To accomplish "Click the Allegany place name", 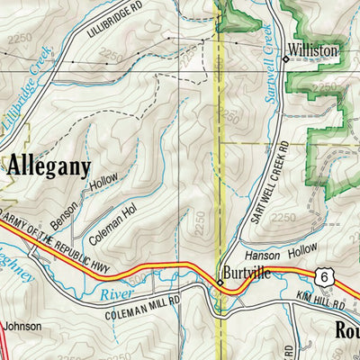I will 50,166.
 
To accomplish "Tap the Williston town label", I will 313,51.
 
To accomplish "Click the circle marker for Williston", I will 286,58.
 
